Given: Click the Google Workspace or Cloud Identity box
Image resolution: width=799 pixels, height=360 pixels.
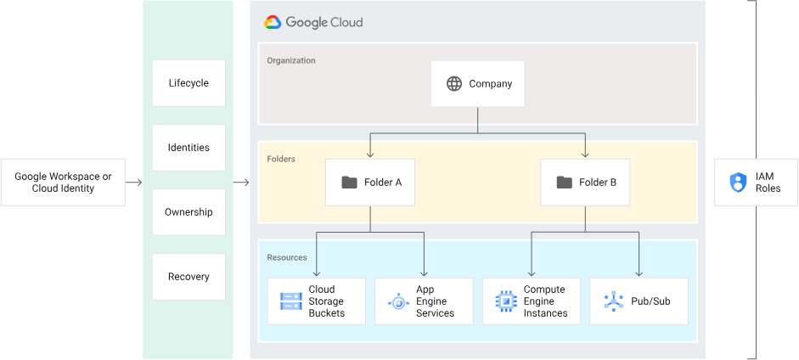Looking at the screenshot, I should pos(63,182).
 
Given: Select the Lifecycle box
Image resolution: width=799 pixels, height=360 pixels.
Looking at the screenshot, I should pos(188,83).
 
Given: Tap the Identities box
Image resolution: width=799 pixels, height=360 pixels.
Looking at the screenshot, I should pos(188,148).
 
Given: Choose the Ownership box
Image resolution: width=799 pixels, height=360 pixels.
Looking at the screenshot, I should pos(188,212).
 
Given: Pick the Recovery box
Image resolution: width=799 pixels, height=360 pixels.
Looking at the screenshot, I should pos(188,277).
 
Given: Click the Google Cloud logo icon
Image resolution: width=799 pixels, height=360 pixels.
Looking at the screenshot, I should pos(273,23).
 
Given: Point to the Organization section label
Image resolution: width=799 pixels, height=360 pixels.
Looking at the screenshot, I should pos(291,61).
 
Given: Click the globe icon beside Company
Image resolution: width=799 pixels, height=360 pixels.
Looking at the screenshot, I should pos(454,84).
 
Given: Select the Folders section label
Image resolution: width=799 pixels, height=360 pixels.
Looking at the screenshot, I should pos(281,159).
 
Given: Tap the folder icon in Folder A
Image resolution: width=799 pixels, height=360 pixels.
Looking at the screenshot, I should pos(349,183).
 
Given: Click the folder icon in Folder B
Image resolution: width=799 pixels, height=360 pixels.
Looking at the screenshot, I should pos(564,183).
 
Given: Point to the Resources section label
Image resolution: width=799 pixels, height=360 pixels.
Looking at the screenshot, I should pos(287,257).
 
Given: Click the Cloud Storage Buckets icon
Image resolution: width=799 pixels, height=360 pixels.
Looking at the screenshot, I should pos(291,301).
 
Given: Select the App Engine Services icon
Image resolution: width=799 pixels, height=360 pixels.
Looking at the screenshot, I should pos(398,301).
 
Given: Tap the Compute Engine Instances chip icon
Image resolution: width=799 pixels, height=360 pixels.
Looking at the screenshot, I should pos(506,301).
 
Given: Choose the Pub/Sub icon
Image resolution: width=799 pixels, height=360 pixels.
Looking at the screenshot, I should pos(613,301).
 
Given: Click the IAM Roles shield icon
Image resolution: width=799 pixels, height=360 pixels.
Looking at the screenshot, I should pos(737,183).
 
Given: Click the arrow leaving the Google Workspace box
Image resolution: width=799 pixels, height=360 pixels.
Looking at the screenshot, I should pos(133,183).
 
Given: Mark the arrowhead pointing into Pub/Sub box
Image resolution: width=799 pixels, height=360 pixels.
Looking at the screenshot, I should pos(639,273).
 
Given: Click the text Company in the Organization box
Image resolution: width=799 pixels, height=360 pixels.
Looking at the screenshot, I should pos(491,84).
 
